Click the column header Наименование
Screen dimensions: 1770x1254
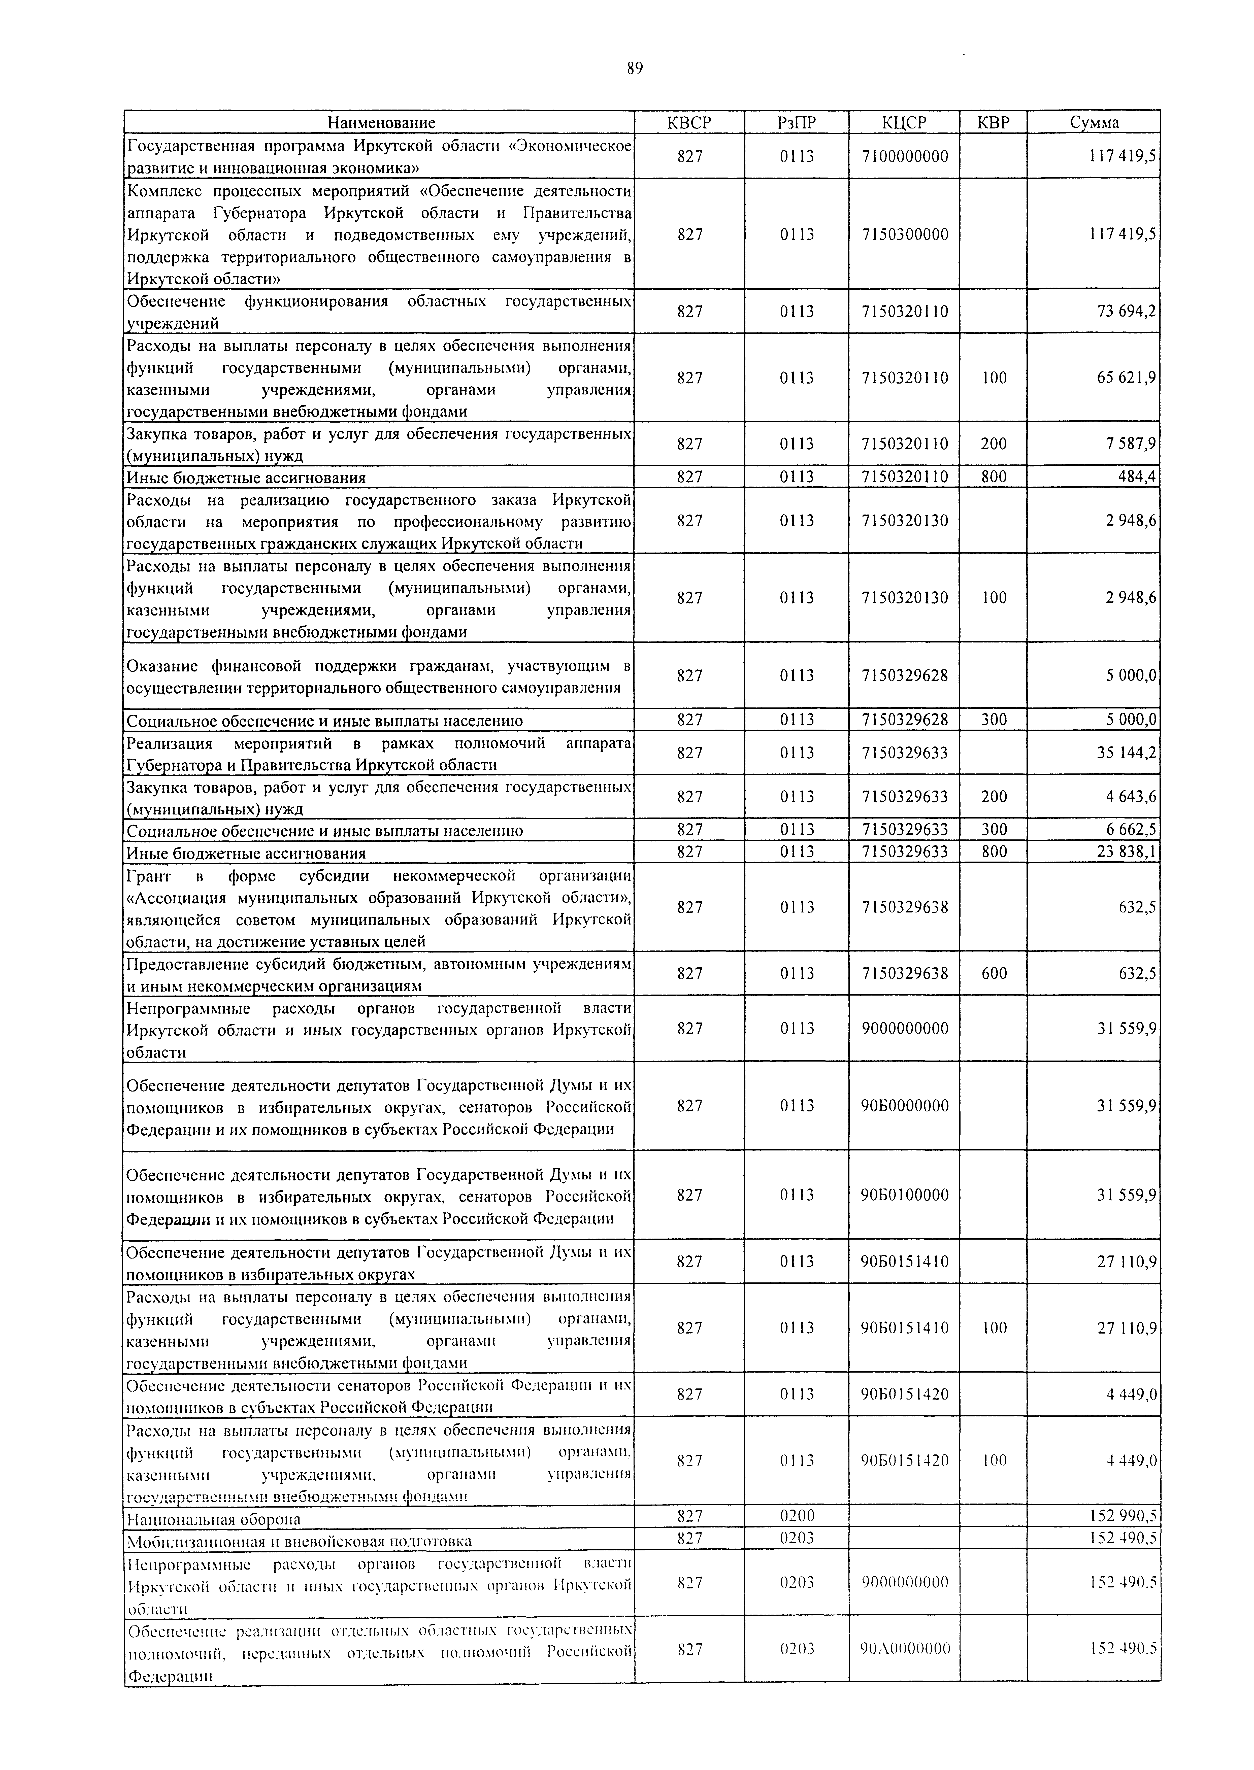click(381, 122)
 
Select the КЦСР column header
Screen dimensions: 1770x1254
click(904, 122)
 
